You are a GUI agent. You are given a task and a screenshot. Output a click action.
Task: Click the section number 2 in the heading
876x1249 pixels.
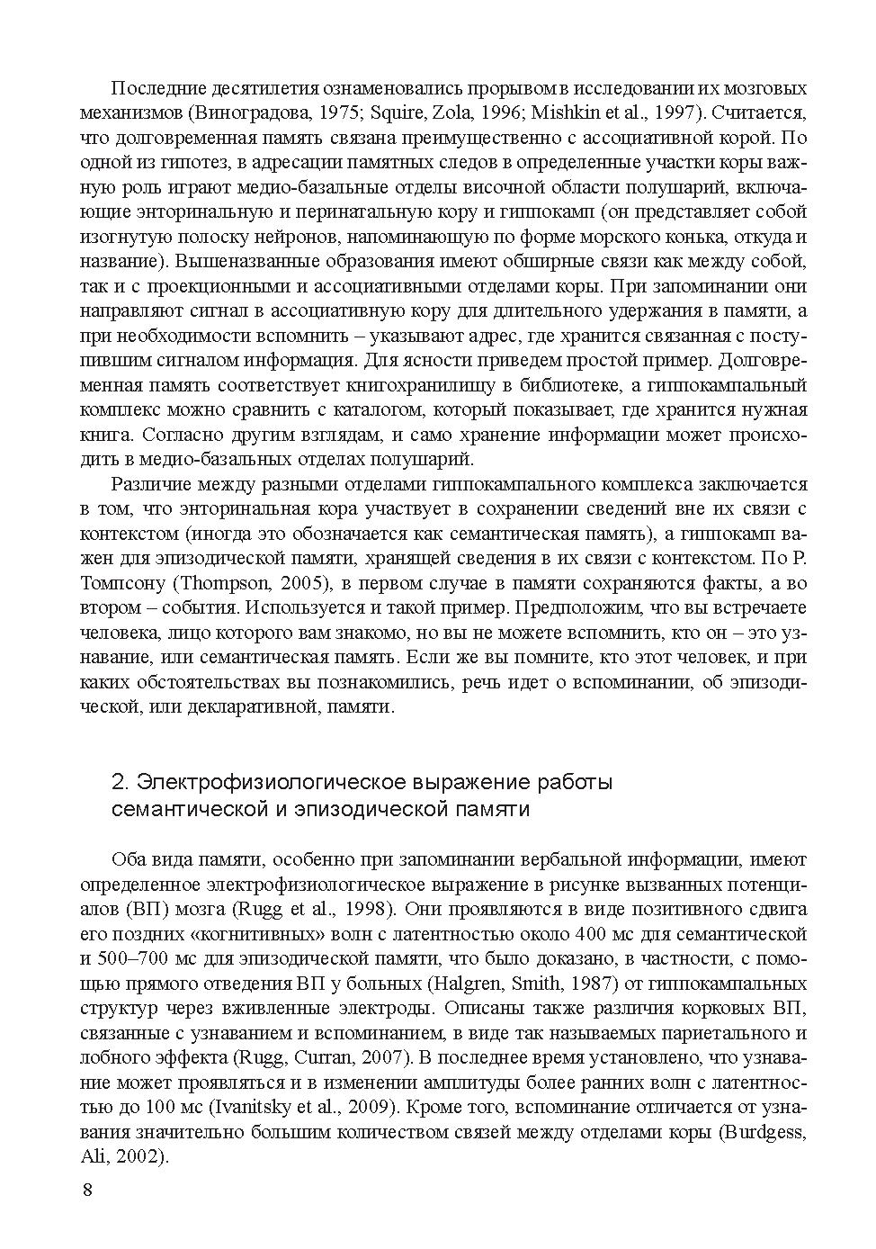(117, 782)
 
